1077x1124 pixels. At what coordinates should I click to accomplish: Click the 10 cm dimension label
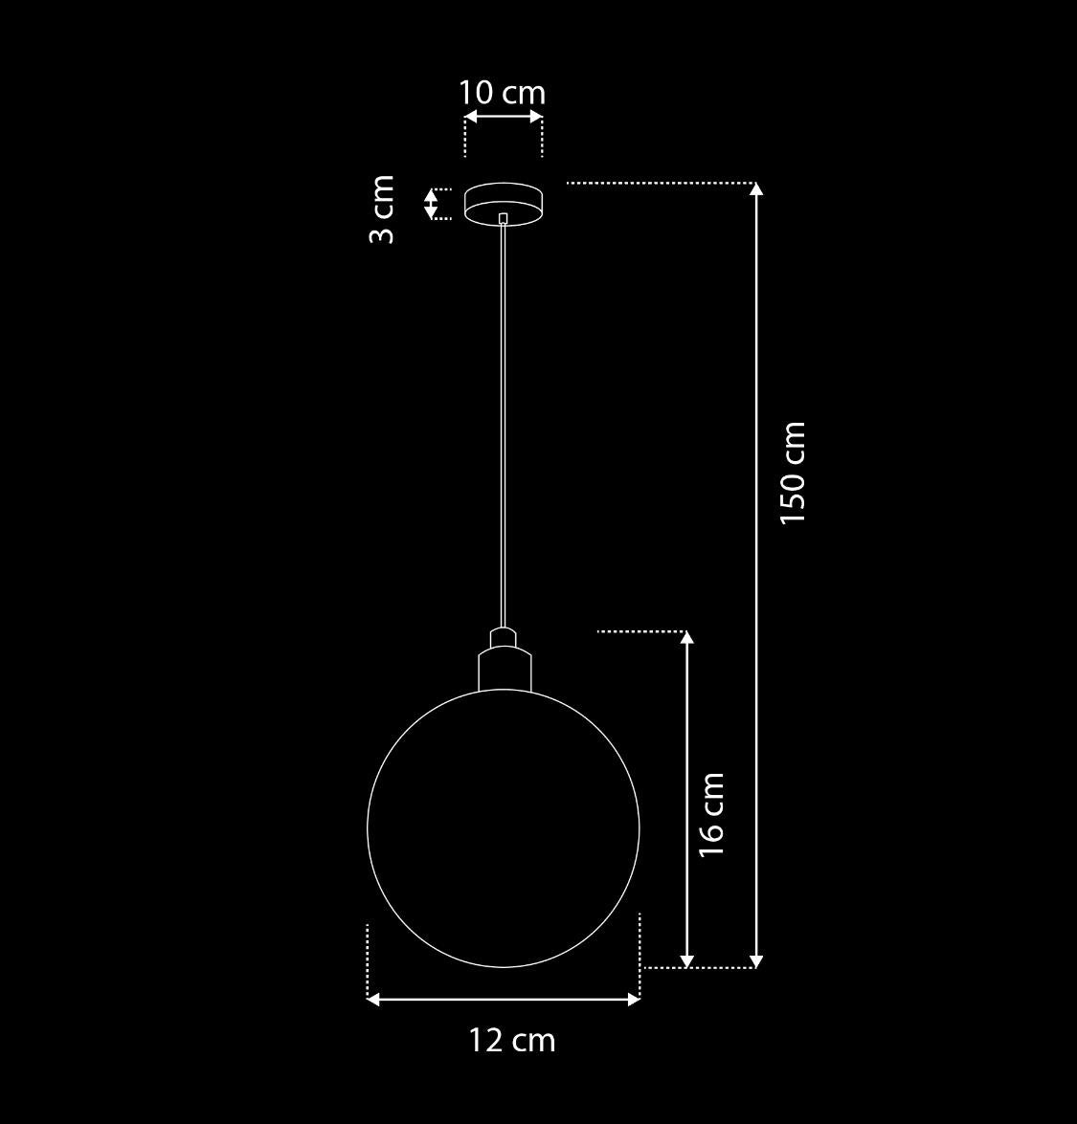click(x=502, y=93)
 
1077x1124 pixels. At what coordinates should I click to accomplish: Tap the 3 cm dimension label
click(x=382, y=209)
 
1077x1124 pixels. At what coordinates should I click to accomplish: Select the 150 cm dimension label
click(x=793, y=473)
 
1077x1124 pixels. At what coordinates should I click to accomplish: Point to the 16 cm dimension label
click(x=711, y=814)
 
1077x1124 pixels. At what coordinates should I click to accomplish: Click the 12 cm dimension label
click(x=512, y=1040)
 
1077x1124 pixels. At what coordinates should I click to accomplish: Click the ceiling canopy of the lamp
click(x=504, y=201)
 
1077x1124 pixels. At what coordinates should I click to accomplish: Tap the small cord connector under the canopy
click(x=504, y=218)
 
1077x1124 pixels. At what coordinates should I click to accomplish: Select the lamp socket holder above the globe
click(x=504, y=669)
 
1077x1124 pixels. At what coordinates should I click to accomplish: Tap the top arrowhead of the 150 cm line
click(x=756, y=188)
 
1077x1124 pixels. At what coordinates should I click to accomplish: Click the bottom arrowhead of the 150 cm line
click(x=756, y=960)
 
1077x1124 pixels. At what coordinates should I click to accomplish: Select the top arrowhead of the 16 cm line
click(x=686, y=638)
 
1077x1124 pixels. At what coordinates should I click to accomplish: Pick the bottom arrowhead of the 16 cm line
click(x=686, y=960)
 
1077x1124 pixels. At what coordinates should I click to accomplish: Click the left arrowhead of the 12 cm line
click(x=373, y=1000)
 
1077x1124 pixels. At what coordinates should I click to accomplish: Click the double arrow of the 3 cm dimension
click(x=431, y=203)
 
